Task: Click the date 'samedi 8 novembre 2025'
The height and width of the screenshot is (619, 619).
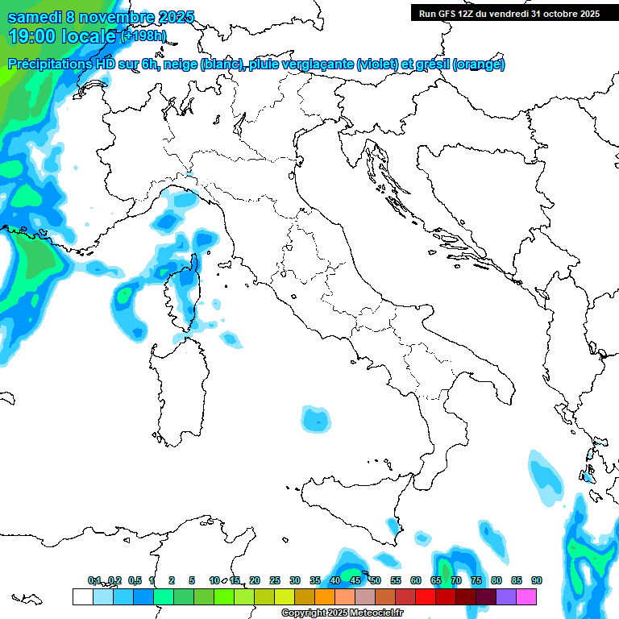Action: [x=101, y=17]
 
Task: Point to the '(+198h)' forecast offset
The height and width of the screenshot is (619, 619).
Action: [x=143, y=36]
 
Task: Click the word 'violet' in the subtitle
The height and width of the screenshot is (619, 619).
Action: [x=378, y=64]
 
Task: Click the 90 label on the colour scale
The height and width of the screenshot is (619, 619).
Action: [x=537, y=580]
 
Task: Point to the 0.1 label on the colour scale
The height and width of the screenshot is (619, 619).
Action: [x=94, y=580]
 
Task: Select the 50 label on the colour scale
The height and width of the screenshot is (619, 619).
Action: [x=376, y=580]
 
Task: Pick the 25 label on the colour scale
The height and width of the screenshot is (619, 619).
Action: [x=275, y=580]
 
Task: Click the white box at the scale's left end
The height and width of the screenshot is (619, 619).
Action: [x=82, y=596]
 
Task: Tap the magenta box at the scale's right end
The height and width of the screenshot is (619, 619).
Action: [x=527, y=596]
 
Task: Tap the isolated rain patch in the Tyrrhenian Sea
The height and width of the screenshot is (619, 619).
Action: [x=317, y=418]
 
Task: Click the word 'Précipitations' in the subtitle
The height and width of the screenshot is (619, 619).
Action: [x=48, y=64]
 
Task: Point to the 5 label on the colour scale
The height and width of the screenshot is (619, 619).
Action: [x=193, y=580]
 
